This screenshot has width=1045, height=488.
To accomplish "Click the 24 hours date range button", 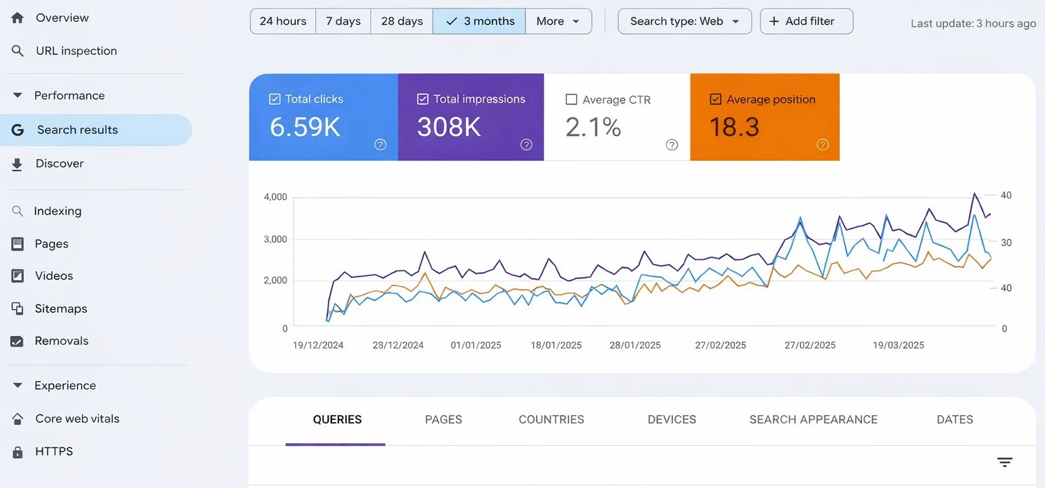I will [283, 21].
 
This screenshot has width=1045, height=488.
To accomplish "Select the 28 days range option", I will [401, 21].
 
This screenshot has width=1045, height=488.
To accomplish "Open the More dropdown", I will [558, 21].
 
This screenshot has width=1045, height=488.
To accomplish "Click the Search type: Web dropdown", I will [684, 21].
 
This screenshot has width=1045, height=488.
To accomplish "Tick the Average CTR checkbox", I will [571, 100].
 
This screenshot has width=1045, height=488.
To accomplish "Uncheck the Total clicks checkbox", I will [275, 99].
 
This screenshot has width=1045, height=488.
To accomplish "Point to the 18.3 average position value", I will [734, 127].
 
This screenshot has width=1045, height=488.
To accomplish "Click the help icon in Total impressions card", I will [526, 144].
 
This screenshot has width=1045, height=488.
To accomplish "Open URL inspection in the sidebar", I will [76, 51].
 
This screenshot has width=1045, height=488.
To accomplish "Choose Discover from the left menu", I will [59, 164].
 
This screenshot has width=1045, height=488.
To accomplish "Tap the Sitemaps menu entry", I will [61, 309].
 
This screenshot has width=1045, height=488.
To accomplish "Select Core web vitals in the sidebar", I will [77, 419].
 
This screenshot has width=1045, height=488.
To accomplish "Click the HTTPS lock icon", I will [18, 452].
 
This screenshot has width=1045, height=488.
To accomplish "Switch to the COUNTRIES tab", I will [551, 420].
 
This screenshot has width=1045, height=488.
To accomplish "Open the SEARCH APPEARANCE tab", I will [813, 420].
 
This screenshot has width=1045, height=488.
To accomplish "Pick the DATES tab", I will [955, 420].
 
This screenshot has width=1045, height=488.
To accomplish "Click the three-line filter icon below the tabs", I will [1004, 462].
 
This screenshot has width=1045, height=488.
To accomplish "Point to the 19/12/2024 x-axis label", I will [318, 345].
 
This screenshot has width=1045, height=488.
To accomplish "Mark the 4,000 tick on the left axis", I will [275, 197].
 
